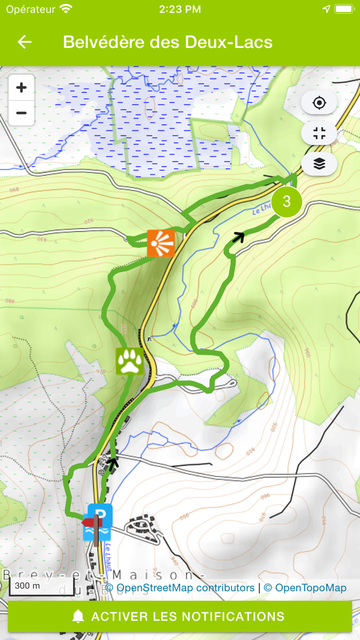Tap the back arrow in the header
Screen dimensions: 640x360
[25, 42]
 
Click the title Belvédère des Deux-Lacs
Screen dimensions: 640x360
[168, 42]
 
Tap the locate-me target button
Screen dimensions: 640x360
[319, 103]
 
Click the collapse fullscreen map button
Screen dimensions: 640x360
[319, 134]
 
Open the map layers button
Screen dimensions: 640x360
[319, 164]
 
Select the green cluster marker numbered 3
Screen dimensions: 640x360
[286, 202]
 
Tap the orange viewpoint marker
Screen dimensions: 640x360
[160, 243]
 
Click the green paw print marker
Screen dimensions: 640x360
[130, 361]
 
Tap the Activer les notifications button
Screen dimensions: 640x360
[180, 616]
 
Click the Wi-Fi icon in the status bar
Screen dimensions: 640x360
[66, 9]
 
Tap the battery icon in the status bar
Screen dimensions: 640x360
[344, 9]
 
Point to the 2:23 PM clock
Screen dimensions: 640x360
[180, 9]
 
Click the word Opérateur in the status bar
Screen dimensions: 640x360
[30, 9]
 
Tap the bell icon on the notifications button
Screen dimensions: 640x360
[78, 616]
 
